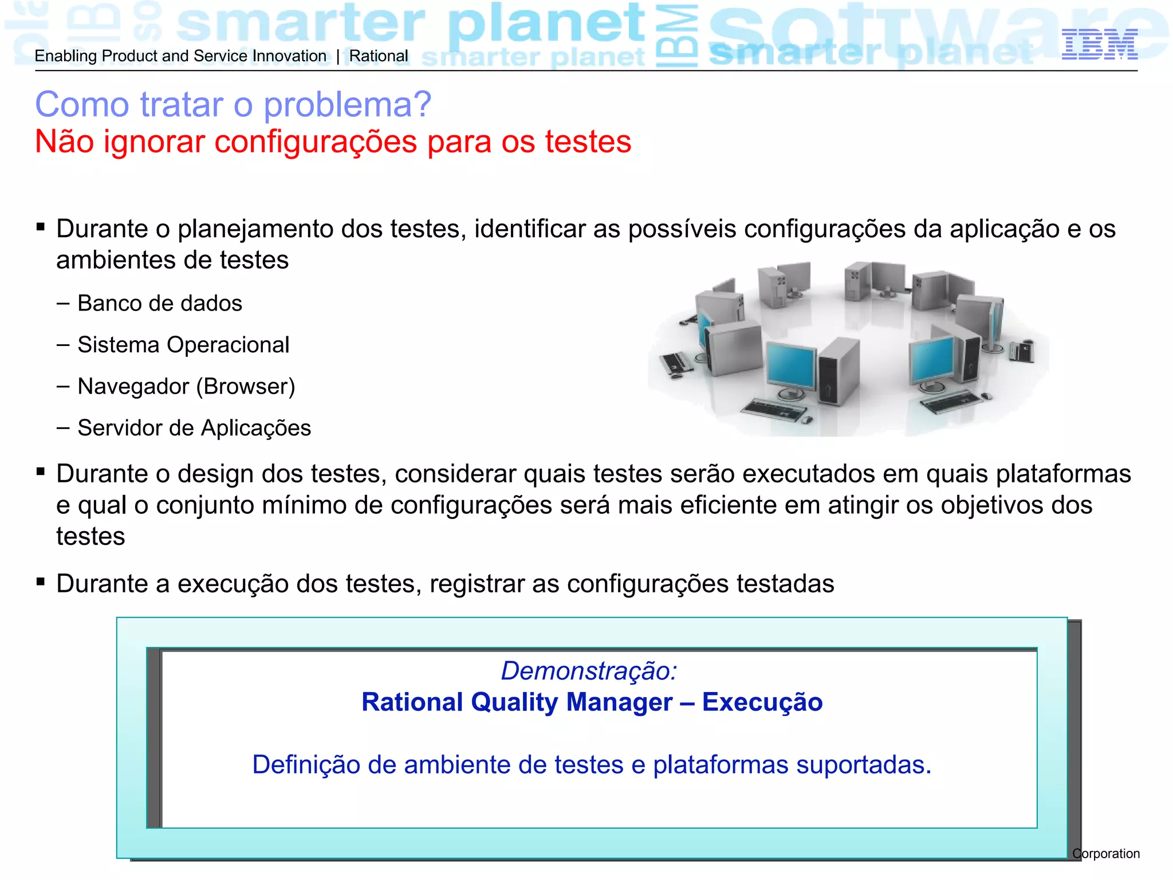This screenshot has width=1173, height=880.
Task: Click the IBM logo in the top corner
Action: pyautogui.click(x=1099, y=45)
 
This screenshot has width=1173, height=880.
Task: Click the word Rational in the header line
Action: pyautogui.click(x=379, y=56)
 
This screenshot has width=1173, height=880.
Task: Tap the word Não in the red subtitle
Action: pyautogui.click(x=64, y=142)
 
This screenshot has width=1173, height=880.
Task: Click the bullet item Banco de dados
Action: pyautogui.click(x=159, y=303)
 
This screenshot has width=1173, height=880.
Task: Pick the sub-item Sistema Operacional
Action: pyautogui.click(x=183, y=345)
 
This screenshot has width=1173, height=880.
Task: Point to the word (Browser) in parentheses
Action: pyautogui.click(x=246, y=387)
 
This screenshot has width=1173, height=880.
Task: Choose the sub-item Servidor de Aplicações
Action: pyautogui.click(x=194, y=428)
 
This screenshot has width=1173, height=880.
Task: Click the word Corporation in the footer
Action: pyautogui.click(x=1106, y=854)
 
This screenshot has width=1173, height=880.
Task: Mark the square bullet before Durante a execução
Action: pyautogui.click(x=40, y=582)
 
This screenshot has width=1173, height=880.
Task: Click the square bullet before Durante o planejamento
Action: pyautogui.click(x=40, y=227)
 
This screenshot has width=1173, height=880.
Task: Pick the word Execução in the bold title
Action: pyautogui.click(x=762, y=702)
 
